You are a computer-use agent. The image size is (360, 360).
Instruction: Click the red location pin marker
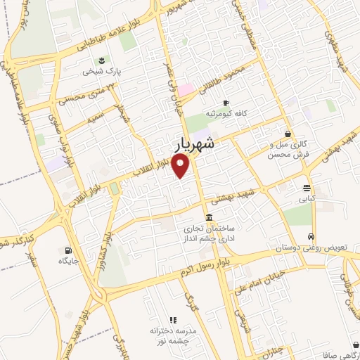(181, 166)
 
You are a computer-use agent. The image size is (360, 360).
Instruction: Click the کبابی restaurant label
(307, 199)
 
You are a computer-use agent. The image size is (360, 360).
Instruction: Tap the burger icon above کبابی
(307, 188)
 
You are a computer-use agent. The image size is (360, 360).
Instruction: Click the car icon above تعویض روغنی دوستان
(311, 237)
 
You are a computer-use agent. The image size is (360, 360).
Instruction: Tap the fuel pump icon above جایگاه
(68, 250)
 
